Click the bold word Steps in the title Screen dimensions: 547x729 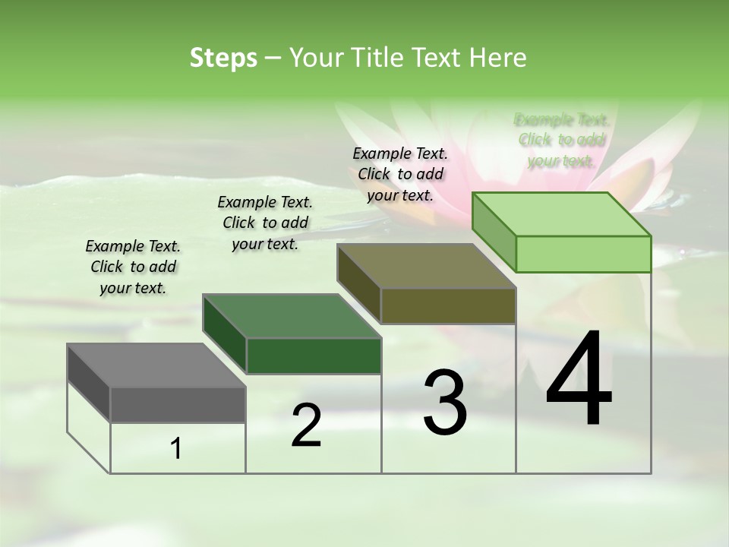tap(223, 58)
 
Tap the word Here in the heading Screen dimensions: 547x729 tap(498, 58)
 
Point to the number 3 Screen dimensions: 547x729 tap(445, 402)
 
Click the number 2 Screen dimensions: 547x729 tap(306, 425)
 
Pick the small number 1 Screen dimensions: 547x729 tap(176, 449)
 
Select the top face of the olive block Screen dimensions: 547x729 tap(426, 266)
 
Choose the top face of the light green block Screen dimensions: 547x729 tap(561, 214)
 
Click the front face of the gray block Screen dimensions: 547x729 tap(178, 404)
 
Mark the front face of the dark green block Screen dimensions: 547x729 tap(314, 356)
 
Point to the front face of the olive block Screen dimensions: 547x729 tap(448, 305)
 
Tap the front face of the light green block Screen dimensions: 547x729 tap(583, 254)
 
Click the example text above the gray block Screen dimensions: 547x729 tap(133, 267)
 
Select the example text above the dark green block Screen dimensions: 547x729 tap(265, 223)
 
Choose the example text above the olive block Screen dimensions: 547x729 tap(400, 174)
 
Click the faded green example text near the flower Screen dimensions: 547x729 tap(561, 140)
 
